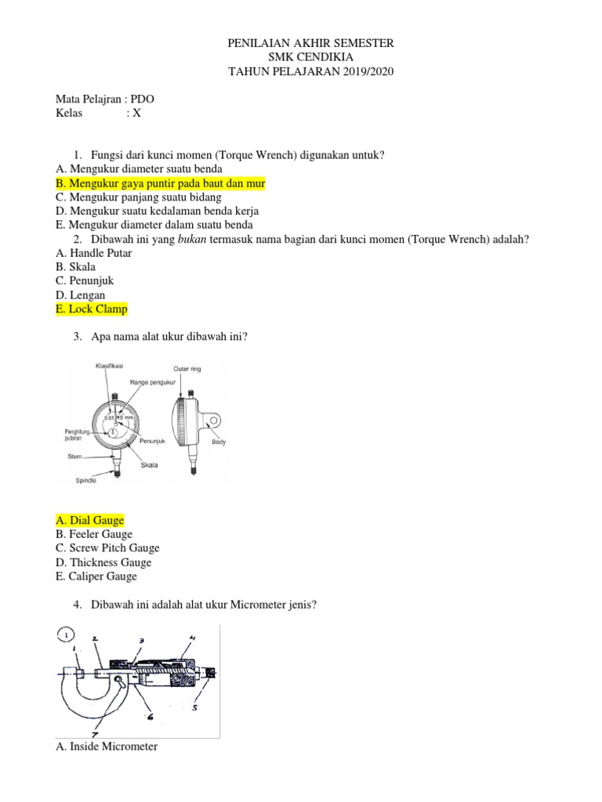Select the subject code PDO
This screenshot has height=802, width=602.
coord(143,99)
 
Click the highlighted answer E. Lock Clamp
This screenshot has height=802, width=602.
coord(92,309)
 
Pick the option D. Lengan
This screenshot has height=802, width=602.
coord(81,295)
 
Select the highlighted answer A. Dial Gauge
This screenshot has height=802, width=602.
coord(90,521)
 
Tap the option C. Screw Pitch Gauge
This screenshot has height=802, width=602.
coord(107,548)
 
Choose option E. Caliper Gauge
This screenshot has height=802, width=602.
coord(96,576)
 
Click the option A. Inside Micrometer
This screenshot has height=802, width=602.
coord(107,746)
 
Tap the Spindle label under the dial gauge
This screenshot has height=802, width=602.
coord(86,480)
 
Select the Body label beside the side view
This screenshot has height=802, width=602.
coord(219,443)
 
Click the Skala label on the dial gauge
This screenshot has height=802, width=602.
coord(148,465)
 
